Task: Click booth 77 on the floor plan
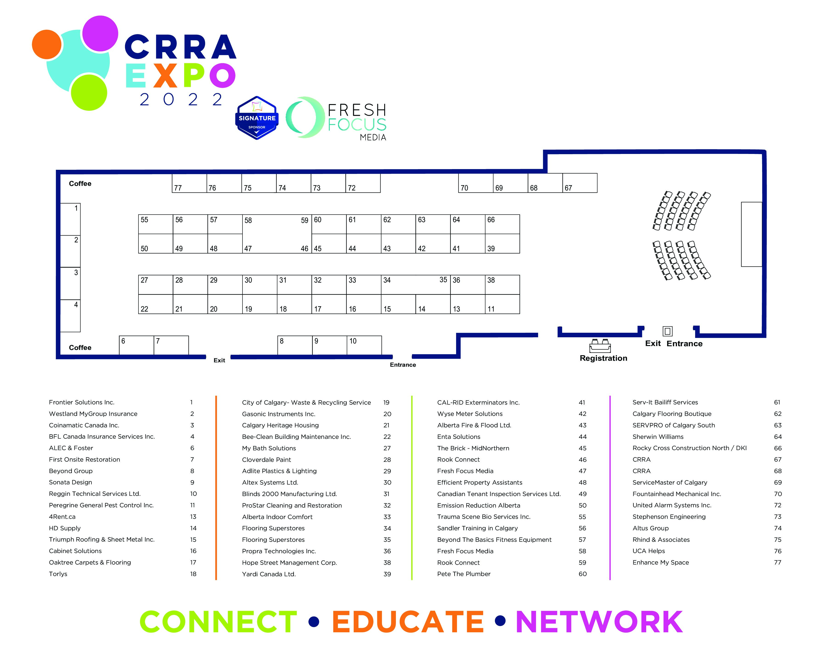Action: [189, 183]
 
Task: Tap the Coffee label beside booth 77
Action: [80, 184]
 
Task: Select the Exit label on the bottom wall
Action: [219, 360]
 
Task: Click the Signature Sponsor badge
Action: [257, 118]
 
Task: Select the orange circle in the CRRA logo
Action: [47, 44]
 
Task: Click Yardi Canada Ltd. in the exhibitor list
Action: [269, 574]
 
